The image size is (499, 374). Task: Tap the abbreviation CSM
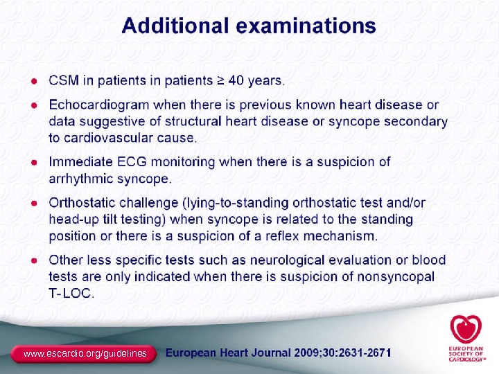click(x=64, y=80)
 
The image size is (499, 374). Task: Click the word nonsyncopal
click(x=397, y=277)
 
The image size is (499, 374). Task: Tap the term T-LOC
click(x=71, y=294)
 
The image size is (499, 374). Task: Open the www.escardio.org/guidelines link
click(x=85, y=354)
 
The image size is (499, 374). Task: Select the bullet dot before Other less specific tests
click(x=33, y=260)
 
